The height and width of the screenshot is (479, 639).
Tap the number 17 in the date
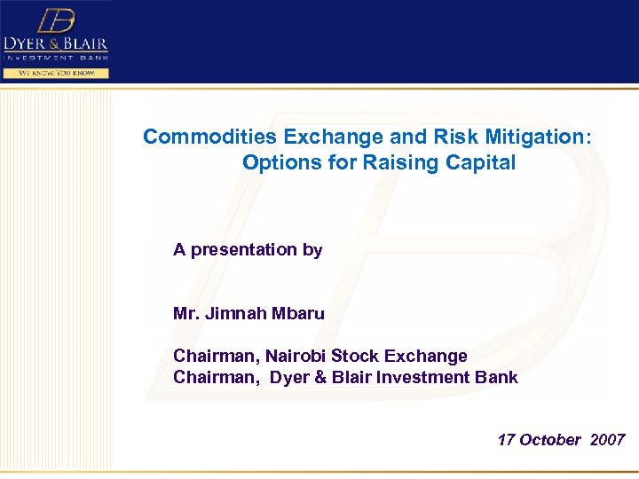pyautogui.click(x=506, y=440)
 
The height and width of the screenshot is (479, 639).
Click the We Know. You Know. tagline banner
pyautogui.click(x=56, y=73)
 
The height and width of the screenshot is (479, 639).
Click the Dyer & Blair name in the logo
pyautogui.click(x=56, y=44)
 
